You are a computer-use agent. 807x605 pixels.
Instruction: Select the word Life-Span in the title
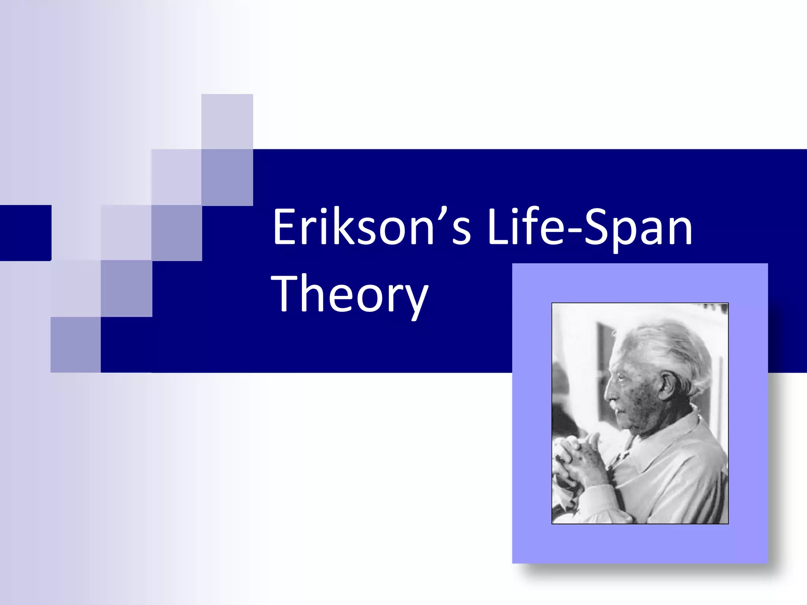tap(589, 227)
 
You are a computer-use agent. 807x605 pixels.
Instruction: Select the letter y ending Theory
tap(415, 299)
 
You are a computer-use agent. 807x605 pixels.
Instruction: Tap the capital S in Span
tap(596, 227)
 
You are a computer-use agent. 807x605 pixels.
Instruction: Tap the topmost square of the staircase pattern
tap(227, 121)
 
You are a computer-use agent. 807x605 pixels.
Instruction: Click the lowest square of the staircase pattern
tap(76, 345)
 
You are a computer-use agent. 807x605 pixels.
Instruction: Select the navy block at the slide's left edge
tap(26, 233)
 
